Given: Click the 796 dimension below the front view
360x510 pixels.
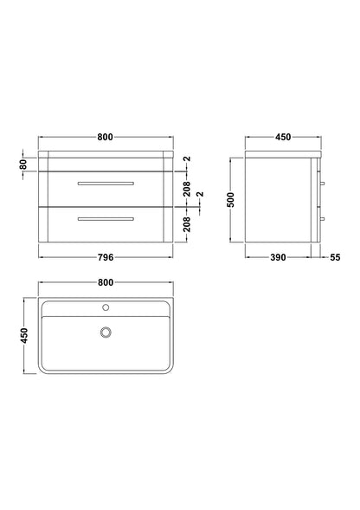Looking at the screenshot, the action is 106,257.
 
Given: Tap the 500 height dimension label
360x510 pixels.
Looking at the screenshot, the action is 230,200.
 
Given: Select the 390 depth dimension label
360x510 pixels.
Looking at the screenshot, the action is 278,257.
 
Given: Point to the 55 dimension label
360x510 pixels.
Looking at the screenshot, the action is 335,257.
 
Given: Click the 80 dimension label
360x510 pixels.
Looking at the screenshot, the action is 23,165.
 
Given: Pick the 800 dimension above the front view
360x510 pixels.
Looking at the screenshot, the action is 105,138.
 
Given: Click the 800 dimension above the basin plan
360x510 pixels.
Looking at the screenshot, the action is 106,282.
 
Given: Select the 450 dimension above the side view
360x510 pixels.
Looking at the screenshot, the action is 283,138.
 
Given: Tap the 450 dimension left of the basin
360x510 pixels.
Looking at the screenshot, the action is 24,336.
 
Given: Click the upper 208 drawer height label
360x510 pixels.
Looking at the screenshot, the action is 187,189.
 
